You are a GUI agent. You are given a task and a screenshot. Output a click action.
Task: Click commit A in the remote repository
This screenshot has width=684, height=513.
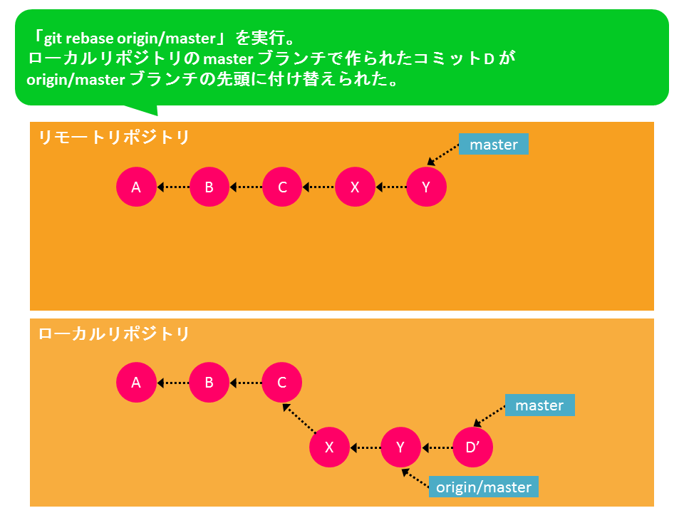136,187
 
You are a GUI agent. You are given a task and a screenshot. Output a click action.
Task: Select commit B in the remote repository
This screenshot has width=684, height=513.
209,187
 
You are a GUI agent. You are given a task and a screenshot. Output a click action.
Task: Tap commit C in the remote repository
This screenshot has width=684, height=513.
282,187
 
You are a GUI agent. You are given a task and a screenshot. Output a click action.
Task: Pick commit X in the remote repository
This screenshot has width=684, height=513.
355,187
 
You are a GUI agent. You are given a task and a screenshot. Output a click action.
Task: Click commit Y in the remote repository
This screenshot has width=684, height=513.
426,187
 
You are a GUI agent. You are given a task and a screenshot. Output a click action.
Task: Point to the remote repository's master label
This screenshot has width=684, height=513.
493,144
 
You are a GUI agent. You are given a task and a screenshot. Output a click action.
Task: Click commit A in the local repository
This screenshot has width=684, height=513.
136,382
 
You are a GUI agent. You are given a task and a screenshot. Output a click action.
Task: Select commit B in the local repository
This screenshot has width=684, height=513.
209,382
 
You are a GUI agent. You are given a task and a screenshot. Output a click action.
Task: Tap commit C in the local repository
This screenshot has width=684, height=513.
282,382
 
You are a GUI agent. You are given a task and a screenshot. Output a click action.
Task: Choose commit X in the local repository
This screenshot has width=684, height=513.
329,447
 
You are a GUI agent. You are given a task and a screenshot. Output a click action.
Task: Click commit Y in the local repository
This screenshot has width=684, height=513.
400,447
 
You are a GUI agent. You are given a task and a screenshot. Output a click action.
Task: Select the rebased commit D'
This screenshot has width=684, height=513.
473,447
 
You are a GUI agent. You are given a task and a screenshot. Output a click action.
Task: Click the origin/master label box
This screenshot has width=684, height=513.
484,487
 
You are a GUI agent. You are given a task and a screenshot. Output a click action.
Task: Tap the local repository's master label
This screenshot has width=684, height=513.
539,405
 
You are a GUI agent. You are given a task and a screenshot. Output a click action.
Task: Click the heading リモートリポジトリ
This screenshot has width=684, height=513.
114,138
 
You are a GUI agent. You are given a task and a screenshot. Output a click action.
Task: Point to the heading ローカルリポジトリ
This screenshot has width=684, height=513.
114,333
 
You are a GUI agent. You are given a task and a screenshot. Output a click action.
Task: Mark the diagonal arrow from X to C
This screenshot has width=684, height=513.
299,418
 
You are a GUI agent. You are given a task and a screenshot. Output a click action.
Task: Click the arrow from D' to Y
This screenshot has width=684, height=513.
437,447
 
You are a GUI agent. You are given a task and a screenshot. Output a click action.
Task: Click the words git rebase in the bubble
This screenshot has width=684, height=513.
79,38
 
